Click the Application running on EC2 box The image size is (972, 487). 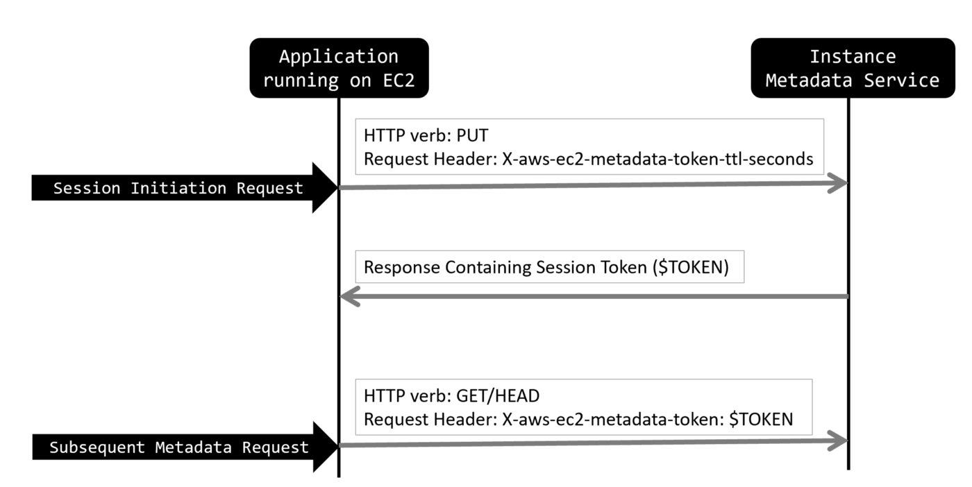pyautogui.click(x=339, y=68)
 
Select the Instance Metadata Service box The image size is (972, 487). pyautogui.click(x=852, y=68)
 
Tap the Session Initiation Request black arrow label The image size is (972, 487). pyautogui.click(x=178, y=188)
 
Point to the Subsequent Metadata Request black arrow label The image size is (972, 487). pyautogui.click(x=178, y=447)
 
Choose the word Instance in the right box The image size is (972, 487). pyautogui.click(x=852, y=56)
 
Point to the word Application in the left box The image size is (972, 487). pyautogui.click(x=339, y=56)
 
